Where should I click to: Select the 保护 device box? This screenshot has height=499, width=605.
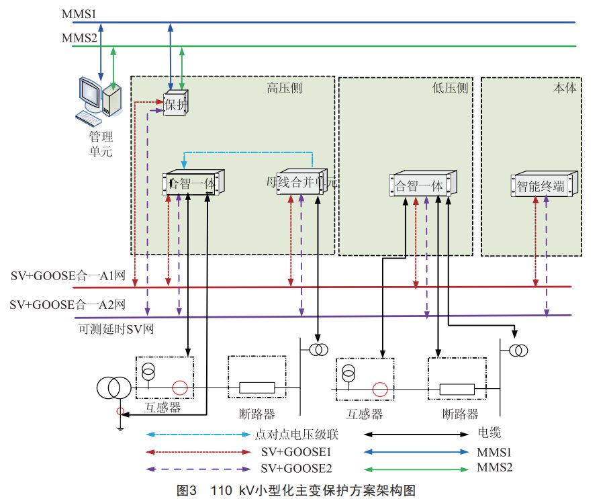[x=177, y=104]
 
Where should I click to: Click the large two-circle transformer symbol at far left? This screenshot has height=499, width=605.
[x=113, y=388]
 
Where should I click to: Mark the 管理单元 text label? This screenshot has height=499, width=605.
[x=101, y=144]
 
